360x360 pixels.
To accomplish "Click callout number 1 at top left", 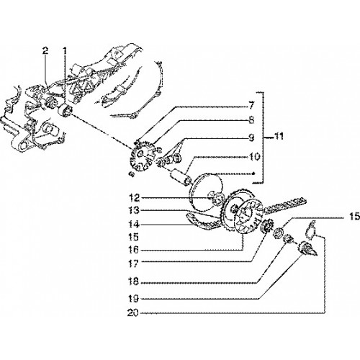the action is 65,51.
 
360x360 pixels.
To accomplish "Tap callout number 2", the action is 45,50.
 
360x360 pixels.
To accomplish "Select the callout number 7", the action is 251,105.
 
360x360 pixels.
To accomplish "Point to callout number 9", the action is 251,138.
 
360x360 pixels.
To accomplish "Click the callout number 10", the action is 254,157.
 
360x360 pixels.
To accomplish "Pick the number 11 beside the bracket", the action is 278,136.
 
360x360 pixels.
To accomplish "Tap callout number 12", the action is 134,198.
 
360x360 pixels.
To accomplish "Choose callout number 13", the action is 134,210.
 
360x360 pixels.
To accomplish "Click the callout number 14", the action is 134,225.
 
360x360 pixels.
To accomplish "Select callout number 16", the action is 134,251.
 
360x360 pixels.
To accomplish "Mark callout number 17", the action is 134,264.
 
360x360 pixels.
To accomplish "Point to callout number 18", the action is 134,282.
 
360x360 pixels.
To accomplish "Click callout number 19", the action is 134,299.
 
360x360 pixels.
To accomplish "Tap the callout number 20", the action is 133,313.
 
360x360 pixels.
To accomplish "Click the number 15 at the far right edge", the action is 354,217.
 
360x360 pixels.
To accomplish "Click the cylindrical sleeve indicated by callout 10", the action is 181,178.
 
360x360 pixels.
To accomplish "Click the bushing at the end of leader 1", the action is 65,111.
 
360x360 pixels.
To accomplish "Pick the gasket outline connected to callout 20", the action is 311,230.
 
